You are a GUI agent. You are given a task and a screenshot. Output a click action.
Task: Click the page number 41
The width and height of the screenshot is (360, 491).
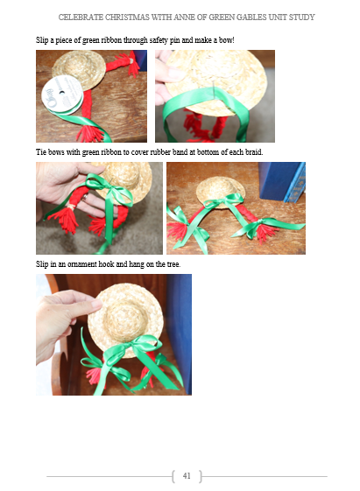[x=187, y=475]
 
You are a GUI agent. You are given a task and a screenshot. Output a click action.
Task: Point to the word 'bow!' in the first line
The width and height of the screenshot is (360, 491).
[x=227, y=40]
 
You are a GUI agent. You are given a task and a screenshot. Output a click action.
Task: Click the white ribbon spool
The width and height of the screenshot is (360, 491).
[x=62, y=95]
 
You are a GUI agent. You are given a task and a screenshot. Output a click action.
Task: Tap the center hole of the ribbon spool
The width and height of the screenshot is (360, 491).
[x=61, y=93]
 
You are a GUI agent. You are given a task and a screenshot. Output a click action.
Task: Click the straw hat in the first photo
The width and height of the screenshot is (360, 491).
[x=80, y=68]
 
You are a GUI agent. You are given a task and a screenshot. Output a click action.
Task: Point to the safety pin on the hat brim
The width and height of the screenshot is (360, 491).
[x=213, y=88]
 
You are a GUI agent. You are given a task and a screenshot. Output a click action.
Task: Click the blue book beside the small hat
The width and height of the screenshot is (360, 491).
[x=281, y=182]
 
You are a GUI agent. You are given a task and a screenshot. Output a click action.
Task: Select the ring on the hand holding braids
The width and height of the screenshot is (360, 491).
[x=85, y=197]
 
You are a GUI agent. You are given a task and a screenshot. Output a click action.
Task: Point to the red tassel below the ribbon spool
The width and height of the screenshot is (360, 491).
[x=88, y=133]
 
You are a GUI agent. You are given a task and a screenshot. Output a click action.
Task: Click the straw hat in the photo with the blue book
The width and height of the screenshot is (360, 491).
[x=220, y=192]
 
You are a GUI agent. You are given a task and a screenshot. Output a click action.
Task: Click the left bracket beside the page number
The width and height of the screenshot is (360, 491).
[x=173, y=476]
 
